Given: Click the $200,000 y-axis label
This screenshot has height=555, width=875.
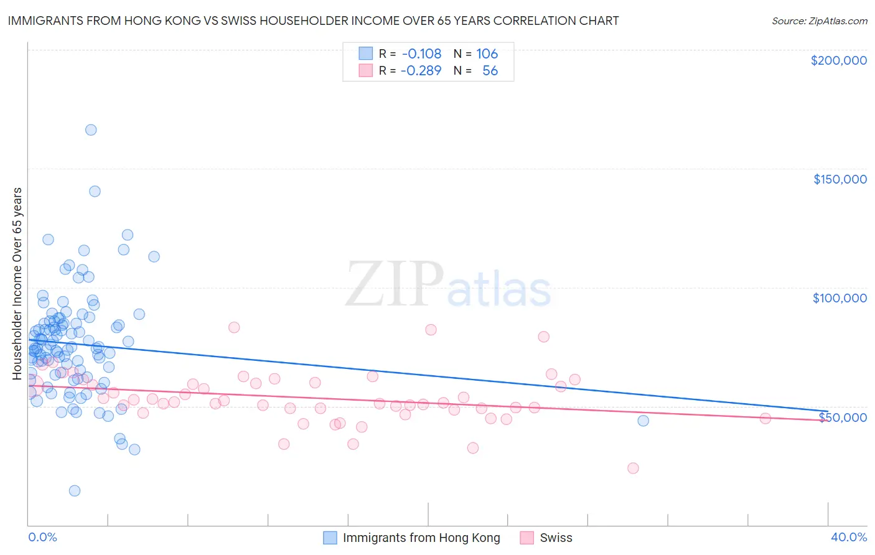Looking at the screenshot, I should click(x=838, y=60).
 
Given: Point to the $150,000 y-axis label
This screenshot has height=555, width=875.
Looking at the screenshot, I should click(x=840, y=179).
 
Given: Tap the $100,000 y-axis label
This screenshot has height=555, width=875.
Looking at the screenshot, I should click(x=840, y=298).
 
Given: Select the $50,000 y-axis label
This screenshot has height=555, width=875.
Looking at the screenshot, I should click(x=842, y=417).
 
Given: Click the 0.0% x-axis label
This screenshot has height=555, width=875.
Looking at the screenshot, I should click(x=42, y=537).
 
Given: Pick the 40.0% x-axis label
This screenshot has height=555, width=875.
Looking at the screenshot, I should click(x=849, y=537).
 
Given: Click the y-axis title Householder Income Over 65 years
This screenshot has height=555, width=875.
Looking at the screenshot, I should click(x=17, y=283).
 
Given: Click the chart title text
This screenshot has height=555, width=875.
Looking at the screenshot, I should click(x=313, y=21).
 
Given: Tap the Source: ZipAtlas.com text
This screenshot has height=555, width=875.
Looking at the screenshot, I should click(x=819, y=21).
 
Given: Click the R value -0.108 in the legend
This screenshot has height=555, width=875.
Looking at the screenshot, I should click(x=421, y=54).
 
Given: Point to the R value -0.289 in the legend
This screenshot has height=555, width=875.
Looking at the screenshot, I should click(x=421, y=70).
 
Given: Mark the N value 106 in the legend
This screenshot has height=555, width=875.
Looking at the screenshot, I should click(x=487, y=54).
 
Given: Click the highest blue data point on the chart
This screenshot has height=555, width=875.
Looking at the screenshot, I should click(x=91, y=130).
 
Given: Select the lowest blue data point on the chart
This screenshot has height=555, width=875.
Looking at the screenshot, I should click(x=75, y=491).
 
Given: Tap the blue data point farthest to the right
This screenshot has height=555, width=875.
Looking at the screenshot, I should click(x=643, y=421).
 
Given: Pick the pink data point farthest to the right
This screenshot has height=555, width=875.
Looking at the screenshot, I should click(x=765, y=418).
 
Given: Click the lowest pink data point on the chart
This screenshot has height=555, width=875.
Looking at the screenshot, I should click(x=633, y=468).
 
